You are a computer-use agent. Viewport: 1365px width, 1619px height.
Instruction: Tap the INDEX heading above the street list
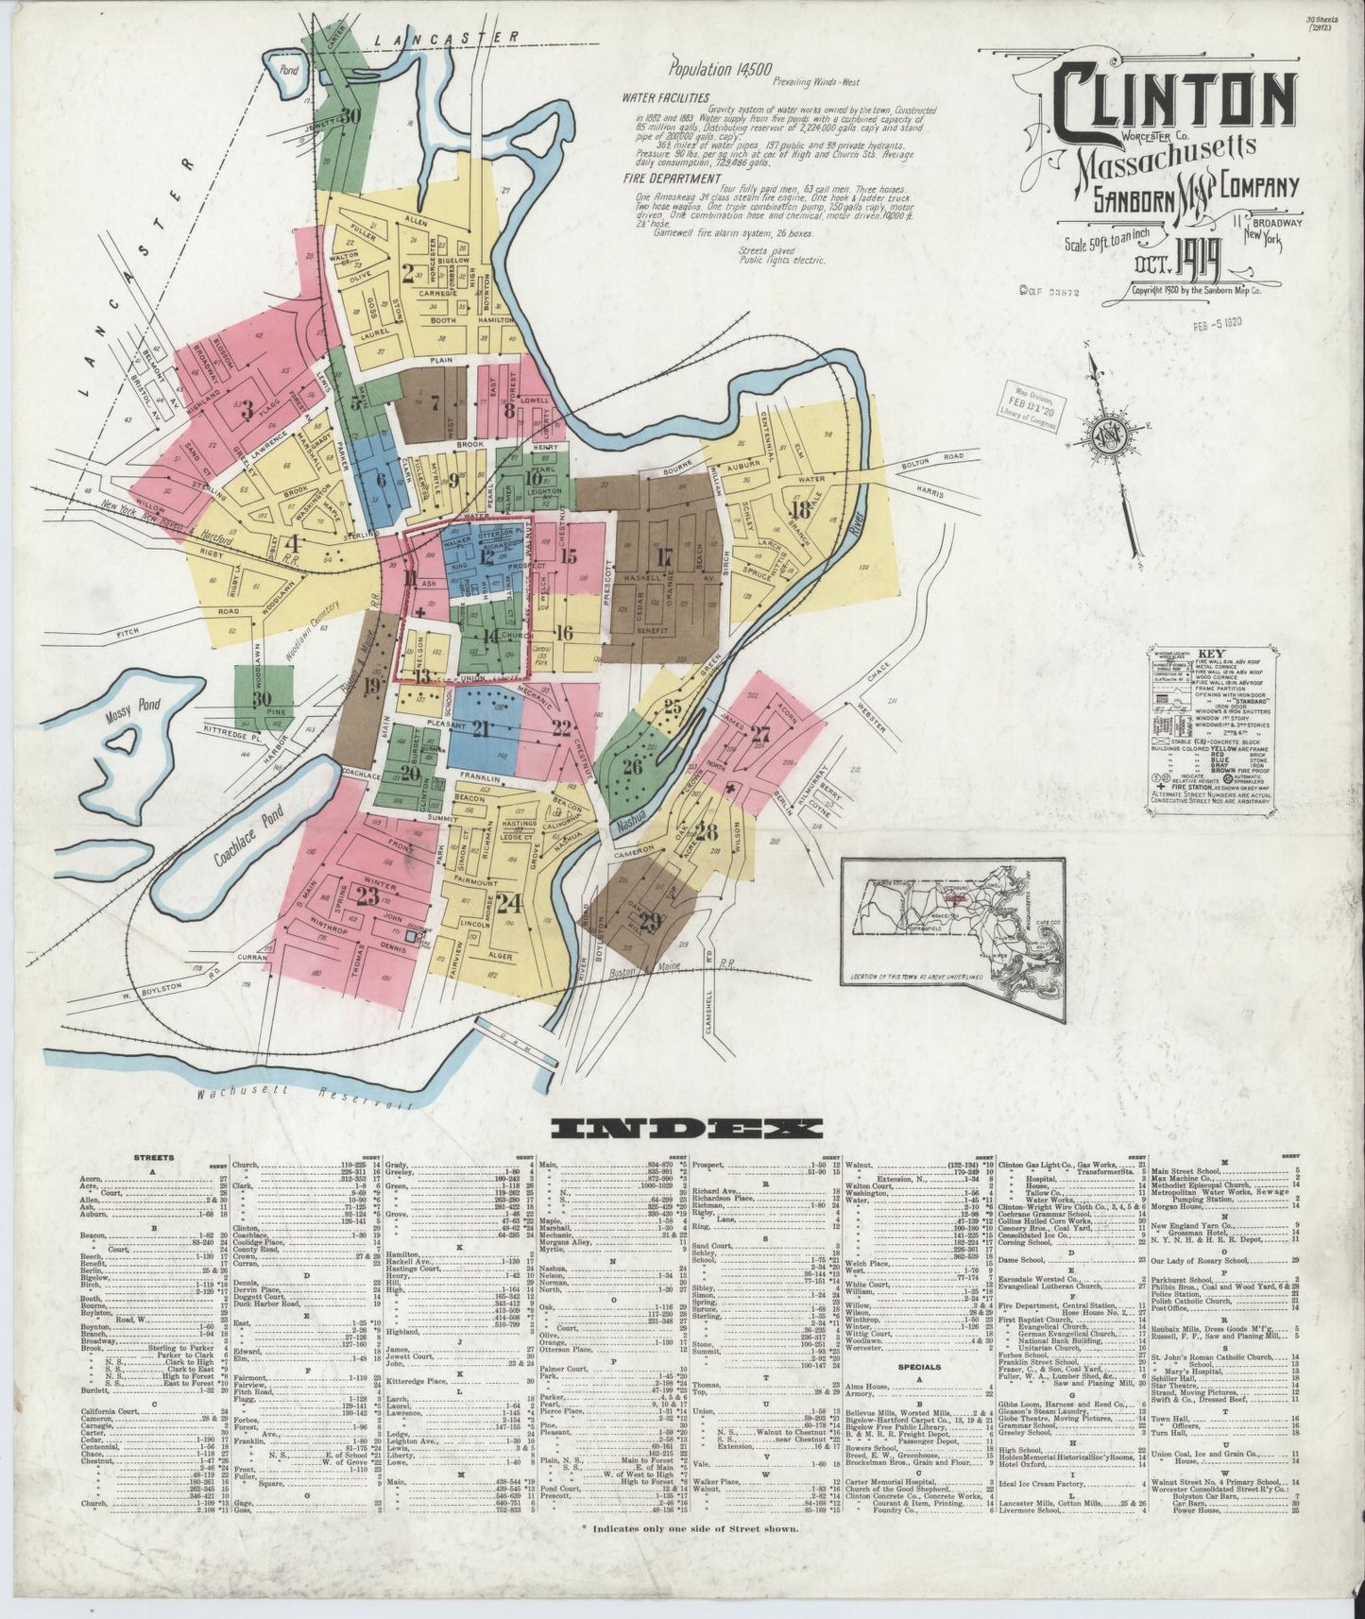pyautogui.click(x=687, y=1129)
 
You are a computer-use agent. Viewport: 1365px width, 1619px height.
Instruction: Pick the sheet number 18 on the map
pyautogui.click(x=801, y=511)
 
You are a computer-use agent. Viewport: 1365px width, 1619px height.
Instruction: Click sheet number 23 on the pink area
pyautogui.click(x=367, y=896)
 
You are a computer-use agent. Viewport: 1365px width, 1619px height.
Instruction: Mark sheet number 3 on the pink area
pyautogui.click(x=247, y=410)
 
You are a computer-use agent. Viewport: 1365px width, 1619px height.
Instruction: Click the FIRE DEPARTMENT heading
pyautogui.click(x=667, y=177)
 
